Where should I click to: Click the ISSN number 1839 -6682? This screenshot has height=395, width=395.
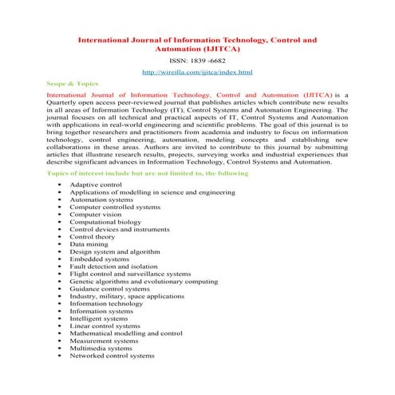[x=196, y=60]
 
